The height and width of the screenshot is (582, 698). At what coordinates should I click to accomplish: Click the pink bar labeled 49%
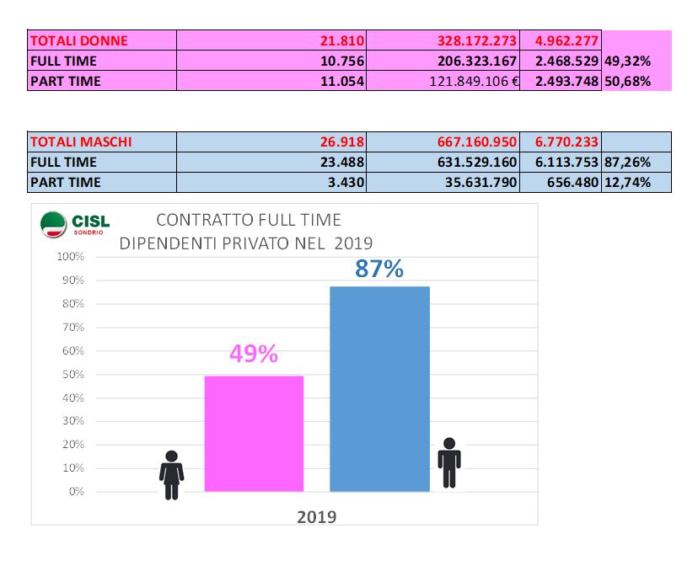click(254, 433)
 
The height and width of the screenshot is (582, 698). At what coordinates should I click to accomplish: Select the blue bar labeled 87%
click(379, 388)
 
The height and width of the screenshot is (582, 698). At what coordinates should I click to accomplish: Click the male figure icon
click(449, 462)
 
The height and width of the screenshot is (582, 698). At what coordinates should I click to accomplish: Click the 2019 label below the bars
click(316, 516)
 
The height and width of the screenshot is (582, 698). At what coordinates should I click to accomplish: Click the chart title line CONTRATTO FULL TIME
click(249, 221)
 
